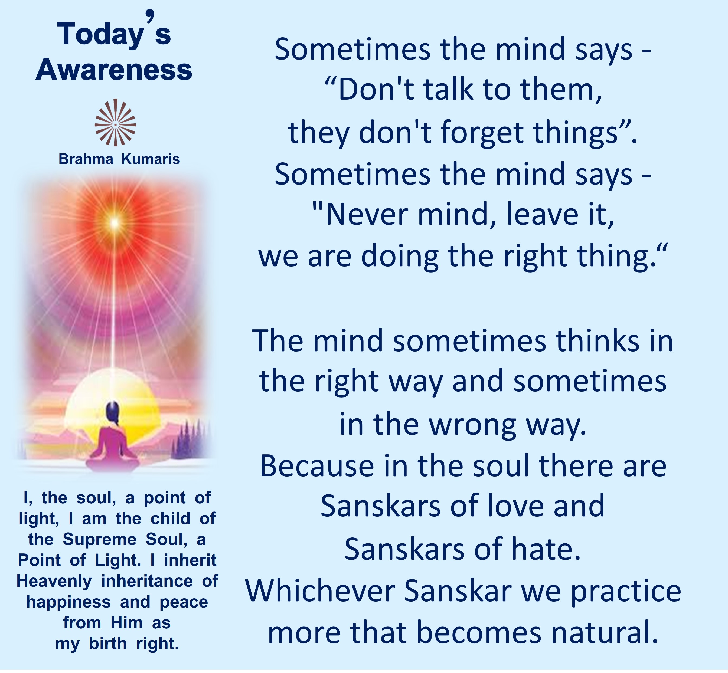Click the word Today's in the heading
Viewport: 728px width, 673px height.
(114, 31)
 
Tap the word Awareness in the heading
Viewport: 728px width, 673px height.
(114, 70)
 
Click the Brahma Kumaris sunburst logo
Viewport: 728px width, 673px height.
(115, 122)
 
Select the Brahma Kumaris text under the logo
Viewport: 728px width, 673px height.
(119, 159)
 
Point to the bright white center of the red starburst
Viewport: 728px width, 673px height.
(115, 221)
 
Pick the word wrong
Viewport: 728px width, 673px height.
(473, 425)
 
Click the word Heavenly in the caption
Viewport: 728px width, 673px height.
(54, 582)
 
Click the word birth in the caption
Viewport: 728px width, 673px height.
(108, 644)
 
